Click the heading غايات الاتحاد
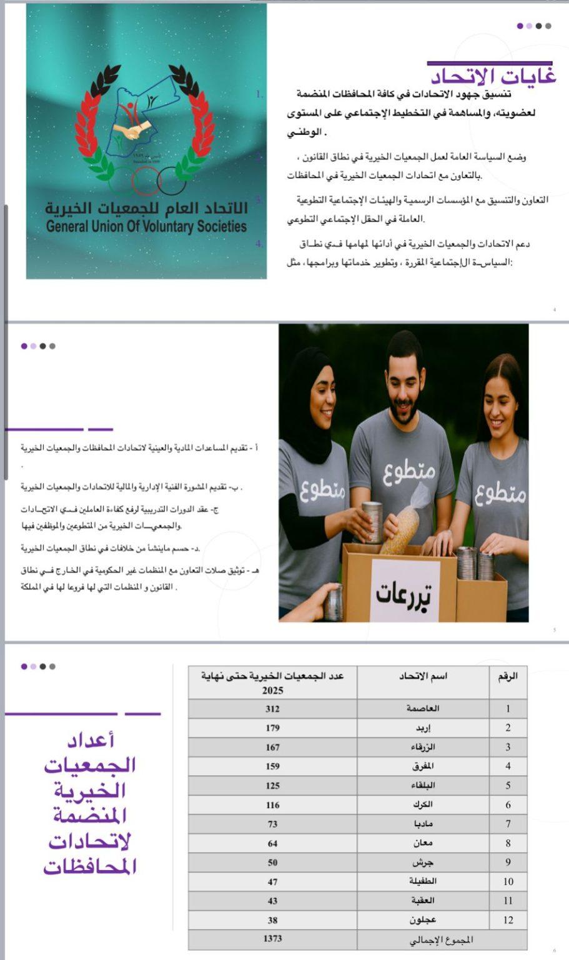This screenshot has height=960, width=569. [493, 76]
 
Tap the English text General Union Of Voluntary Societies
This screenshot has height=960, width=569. [146, 226]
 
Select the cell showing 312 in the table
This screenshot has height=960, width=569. [272, 709]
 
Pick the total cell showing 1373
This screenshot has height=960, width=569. [272, 939]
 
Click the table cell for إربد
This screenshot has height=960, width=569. [423, 728]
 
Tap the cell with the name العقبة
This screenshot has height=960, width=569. [423, 901]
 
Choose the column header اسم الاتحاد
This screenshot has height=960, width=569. [423, 676]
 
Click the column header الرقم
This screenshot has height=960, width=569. [507, 676]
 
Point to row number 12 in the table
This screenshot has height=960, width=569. [508, 920]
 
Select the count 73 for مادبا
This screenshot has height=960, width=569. [272, 824]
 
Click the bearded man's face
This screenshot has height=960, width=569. [405, 384]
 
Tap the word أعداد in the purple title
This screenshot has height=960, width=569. [91, 741]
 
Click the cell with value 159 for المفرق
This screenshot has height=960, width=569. [272, 766]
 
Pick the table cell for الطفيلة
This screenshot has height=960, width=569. [423, 881]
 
